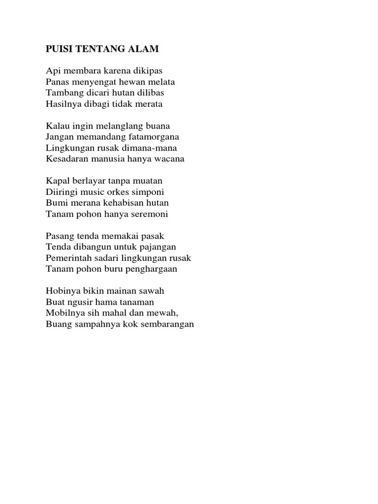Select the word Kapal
(57, 181)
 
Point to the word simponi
(149, 191)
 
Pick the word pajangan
(156, 247)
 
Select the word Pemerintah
(68, 258)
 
